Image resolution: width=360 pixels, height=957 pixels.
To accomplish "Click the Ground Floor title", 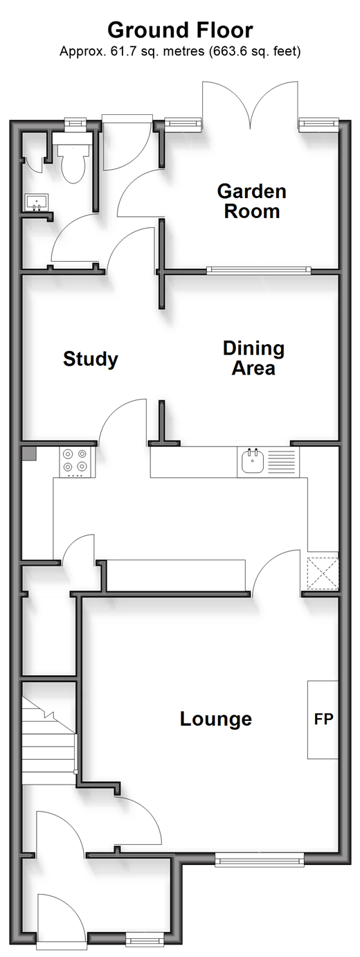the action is pos(180,30).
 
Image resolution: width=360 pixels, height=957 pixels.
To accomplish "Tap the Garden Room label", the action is pos(251,202).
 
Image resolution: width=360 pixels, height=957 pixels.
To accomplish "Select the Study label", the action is pos(91,359).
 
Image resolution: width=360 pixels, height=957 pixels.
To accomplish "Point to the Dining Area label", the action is pos(253,358).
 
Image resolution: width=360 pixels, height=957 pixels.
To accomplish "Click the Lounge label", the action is pos(216,719).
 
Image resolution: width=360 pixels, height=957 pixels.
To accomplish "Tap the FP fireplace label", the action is pos(323,719).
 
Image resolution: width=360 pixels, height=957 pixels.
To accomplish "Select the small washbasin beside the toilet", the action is pos(37,202).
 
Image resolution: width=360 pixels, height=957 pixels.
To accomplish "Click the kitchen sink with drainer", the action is pos(268,463).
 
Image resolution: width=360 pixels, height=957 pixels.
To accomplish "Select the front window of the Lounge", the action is pos(259,859).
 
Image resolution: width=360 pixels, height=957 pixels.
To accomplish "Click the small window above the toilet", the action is pos(75,123).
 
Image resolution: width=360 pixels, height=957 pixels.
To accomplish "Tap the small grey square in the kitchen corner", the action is pos(29,454).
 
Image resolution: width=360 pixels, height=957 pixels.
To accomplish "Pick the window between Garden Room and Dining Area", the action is pos(259,269).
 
